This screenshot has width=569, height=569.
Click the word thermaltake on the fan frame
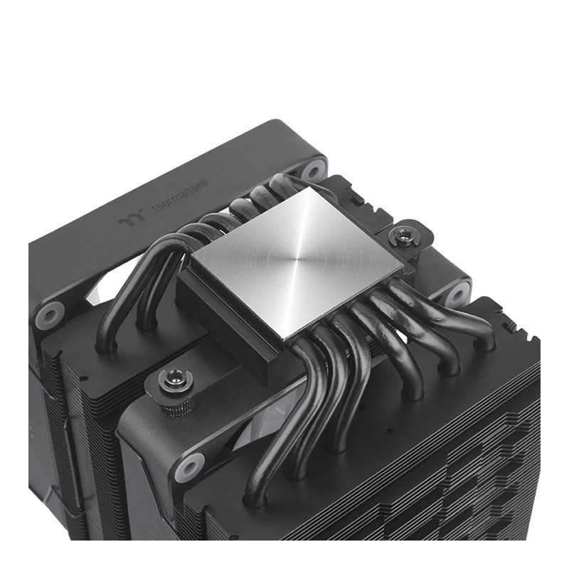pyautogui.click(x=181, y=196)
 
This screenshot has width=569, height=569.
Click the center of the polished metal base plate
pyautogui.click(x=297, y=259)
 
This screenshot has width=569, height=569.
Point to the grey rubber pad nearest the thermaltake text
pyautogui.click(x=312, y=170)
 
